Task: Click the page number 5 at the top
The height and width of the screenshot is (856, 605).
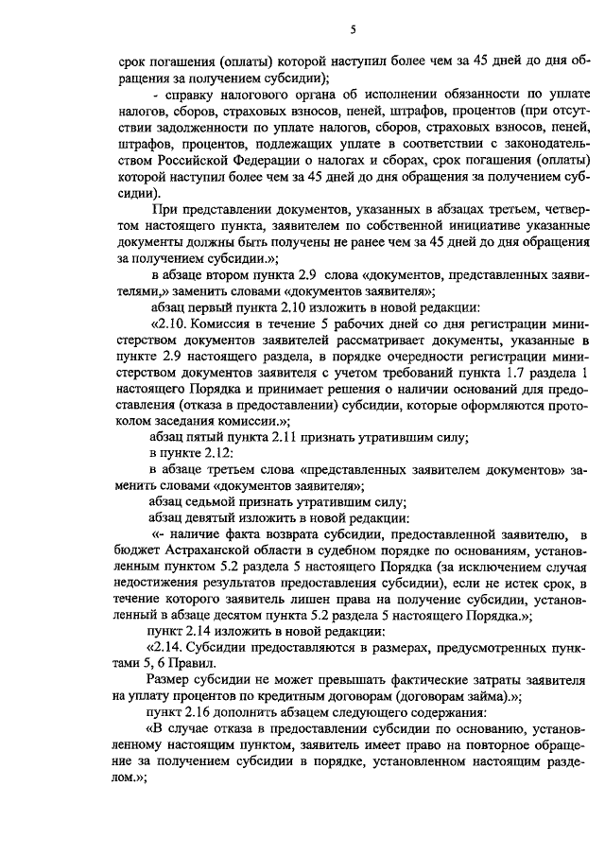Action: pyautogui.click(x=353, y=30)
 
